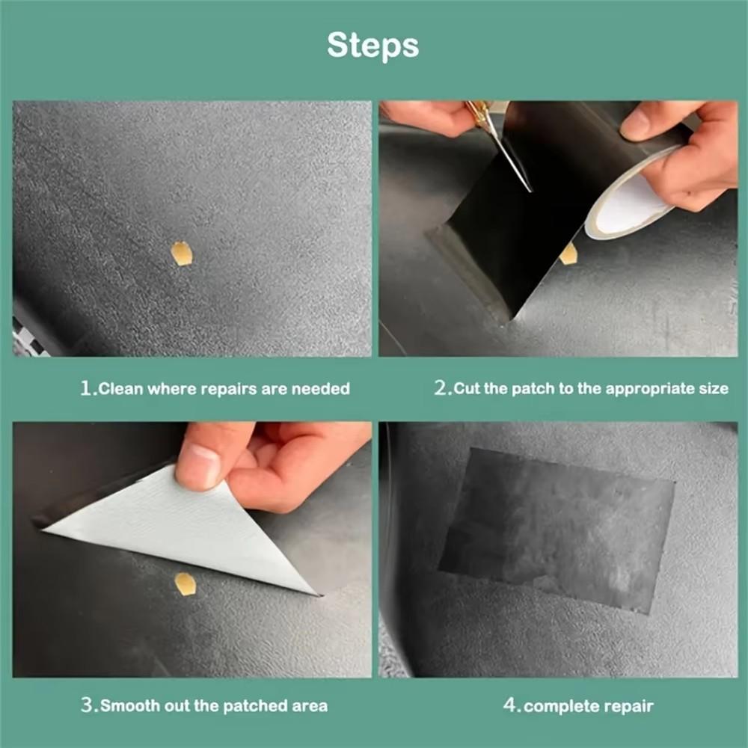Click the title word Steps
(x=373, y=46)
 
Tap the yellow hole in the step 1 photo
(x=182, y=254)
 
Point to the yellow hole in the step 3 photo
(x=185, y=583)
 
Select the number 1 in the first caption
(x=86, y=388)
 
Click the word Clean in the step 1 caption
(x=121, y=389)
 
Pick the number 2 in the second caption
(x=441, y=388)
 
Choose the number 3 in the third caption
(x=86, y=705)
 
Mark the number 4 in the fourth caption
(x=510, y=705)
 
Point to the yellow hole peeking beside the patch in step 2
(x=569, y=254)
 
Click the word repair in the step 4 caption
(x=630, y=706)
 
